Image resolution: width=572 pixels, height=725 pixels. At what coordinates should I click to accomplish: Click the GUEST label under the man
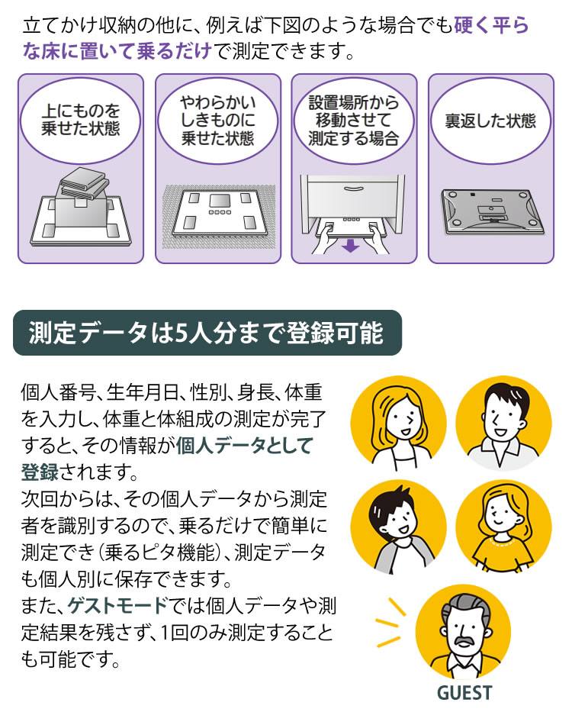(464, 693)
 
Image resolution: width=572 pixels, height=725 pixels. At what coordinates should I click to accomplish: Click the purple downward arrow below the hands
(351, 245)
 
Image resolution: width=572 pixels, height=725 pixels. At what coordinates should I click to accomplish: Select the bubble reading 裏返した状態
(490, 121)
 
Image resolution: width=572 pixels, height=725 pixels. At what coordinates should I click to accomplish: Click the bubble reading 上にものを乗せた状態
(80, 121)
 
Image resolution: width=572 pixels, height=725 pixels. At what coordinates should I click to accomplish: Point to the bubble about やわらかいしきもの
(217, 121)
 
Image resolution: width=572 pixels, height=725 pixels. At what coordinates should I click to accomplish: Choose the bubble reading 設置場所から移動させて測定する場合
(354, 121)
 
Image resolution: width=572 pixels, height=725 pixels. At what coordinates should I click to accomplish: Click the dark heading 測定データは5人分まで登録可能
(207, 333)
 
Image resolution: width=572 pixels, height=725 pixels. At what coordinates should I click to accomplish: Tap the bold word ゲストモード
(117, 605)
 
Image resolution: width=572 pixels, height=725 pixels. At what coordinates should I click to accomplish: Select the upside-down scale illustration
(491, 212)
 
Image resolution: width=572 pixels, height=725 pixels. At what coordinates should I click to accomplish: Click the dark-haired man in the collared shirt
(503, 423)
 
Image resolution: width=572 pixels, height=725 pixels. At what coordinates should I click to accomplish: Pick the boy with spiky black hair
(398, 527)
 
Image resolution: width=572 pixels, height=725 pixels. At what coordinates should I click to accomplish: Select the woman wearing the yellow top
(503, 527)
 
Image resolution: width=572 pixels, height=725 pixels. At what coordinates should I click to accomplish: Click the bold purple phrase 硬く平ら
(490, 25)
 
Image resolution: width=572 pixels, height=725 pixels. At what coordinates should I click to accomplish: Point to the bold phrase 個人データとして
(244, 445)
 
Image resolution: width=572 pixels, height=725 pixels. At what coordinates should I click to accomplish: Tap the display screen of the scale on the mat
(219, 200)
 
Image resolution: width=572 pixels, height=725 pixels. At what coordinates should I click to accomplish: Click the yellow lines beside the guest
(390, 622)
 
